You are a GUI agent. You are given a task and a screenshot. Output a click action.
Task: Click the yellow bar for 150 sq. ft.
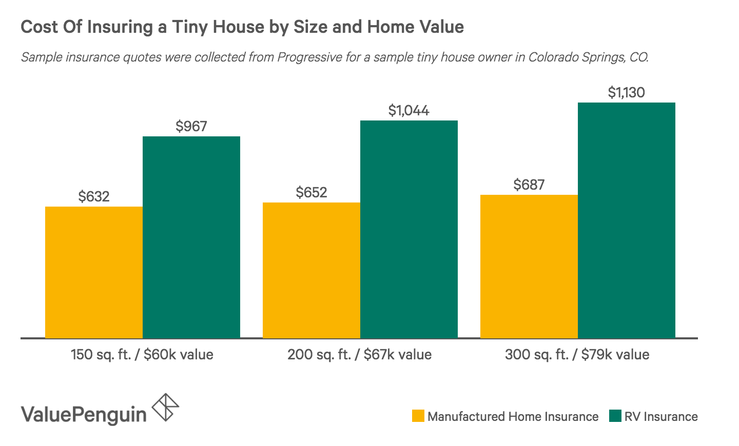tap(94, 272)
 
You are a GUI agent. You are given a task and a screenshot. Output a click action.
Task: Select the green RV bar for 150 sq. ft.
tap(191, 237)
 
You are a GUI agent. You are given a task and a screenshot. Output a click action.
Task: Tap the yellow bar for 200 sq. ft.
tap(312, 270)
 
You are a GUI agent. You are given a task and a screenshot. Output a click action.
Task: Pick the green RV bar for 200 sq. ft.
tap(409, 229)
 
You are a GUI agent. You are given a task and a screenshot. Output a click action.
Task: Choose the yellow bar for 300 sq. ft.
tap(529, 266)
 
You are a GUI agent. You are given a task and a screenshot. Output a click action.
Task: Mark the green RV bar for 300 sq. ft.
tap(627, 220)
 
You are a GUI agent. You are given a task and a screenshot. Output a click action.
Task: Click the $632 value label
tap(94, 196)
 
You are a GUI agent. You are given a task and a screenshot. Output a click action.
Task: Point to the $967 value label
tap(191, 126)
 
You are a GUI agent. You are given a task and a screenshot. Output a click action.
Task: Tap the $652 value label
tap(312, 192)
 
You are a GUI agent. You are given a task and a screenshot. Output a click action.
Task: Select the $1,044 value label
tap(409, 110)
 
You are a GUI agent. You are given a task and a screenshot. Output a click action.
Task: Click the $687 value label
tap(529, 185)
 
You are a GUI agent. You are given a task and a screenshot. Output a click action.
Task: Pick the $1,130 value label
tap(627, 92)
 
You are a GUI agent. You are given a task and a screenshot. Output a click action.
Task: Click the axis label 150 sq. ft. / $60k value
tap(142, 354)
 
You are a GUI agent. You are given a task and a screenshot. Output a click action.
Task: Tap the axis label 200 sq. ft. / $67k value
tap(360, 354)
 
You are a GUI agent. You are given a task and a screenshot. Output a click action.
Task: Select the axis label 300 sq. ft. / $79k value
tap(577, 354)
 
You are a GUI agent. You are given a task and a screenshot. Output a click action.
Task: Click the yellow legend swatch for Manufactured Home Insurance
tap(418, 416)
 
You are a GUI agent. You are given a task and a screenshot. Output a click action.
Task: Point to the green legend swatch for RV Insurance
tap(615, 416)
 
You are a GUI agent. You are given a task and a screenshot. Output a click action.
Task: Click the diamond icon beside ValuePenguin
tap(166, 408)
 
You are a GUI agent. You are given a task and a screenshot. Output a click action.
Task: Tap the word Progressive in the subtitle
tap(309, 57)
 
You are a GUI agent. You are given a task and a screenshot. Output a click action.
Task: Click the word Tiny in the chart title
tap(190, 27)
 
